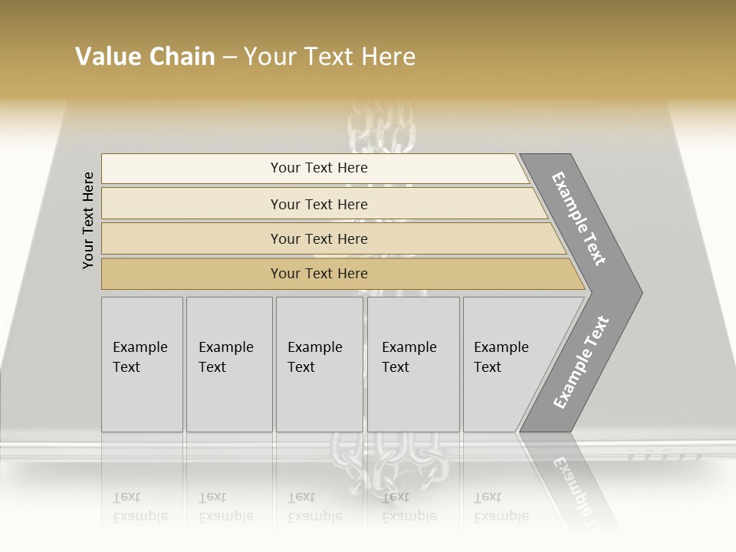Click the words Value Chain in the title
point(145,57)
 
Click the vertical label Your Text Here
point(88,220)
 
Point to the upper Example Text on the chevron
point(579,219)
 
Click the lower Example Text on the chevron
point(581,362)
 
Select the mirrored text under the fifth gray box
point(501,507)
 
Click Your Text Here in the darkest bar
point(319,274)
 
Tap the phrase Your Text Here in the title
point(330,57)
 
